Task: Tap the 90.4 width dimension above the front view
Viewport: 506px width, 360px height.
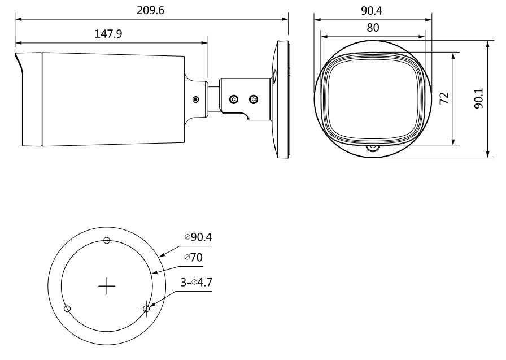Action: point(372,11)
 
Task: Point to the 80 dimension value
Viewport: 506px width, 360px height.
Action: point(372,27)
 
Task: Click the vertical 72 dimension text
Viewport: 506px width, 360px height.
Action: point(444,97)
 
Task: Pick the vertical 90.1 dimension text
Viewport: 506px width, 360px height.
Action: point(478,98)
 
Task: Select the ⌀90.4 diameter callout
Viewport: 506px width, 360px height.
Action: point(198,237)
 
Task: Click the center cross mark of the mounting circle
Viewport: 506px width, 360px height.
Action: point(107,287)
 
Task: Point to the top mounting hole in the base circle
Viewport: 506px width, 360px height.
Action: point(107,241)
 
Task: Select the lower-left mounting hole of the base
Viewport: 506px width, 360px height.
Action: point(67,309)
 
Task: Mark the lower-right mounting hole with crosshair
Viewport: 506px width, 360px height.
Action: point(146,309)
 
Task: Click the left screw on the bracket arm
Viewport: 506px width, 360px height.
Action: point(233,99)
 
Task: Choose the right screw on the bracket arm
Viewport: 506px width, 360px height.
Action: point(253,99)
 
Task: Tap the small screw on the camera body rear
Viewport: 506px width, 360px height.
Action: point(196,99)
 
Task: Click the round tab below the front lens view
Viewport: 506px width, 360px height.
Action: point(372,149)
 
